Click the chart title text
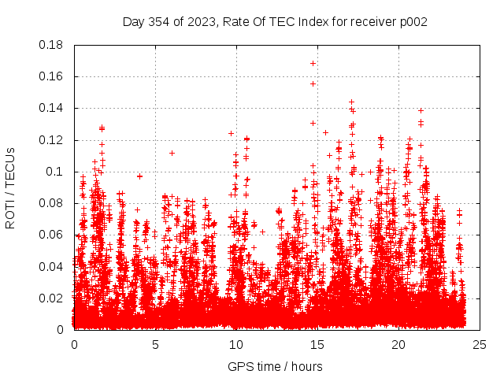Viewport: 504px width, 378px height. pos(275,21)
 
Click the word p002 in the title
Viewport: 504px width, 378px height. pos(412,21)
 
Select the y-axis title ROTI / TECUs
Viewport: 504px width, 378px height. pos(10,187)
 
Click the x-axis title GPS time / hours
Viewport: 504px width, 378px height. pos(275,366)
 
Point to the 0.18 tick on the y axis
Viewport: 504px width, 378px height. pos(51,45)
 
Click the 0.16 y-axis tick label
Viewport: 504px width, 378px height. pos(51,76)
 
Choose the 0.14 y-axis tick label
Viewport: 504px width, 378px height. pos(51,108)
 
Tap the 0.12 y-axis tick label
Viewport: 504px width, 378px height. pos(51,140)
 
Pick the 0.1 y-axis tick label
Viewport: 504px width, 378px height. pos(54,172)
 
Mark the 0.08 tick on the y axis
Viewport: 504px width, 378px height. pos(51,203)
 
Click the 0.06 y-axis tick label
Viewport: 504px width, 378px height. pos(51,235)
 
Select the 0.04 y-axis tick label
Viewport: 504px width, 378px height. pos(51,266)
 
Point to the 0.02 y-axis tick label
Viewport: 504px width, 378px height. pos(51,298)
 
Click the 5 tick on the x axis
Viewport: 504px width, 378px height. pos(155,344)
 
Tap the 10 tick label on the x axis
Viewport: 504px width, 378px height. pos(236,344)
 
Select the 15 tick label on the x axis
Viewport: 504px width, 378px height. pos(317,344)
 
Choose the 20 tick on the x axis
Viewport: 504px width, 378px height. pos(398,344)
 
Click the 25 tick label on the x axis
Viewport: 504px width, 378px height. pos(480,344)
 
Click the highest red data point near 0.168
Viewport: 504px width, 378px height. pos(313,63)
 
